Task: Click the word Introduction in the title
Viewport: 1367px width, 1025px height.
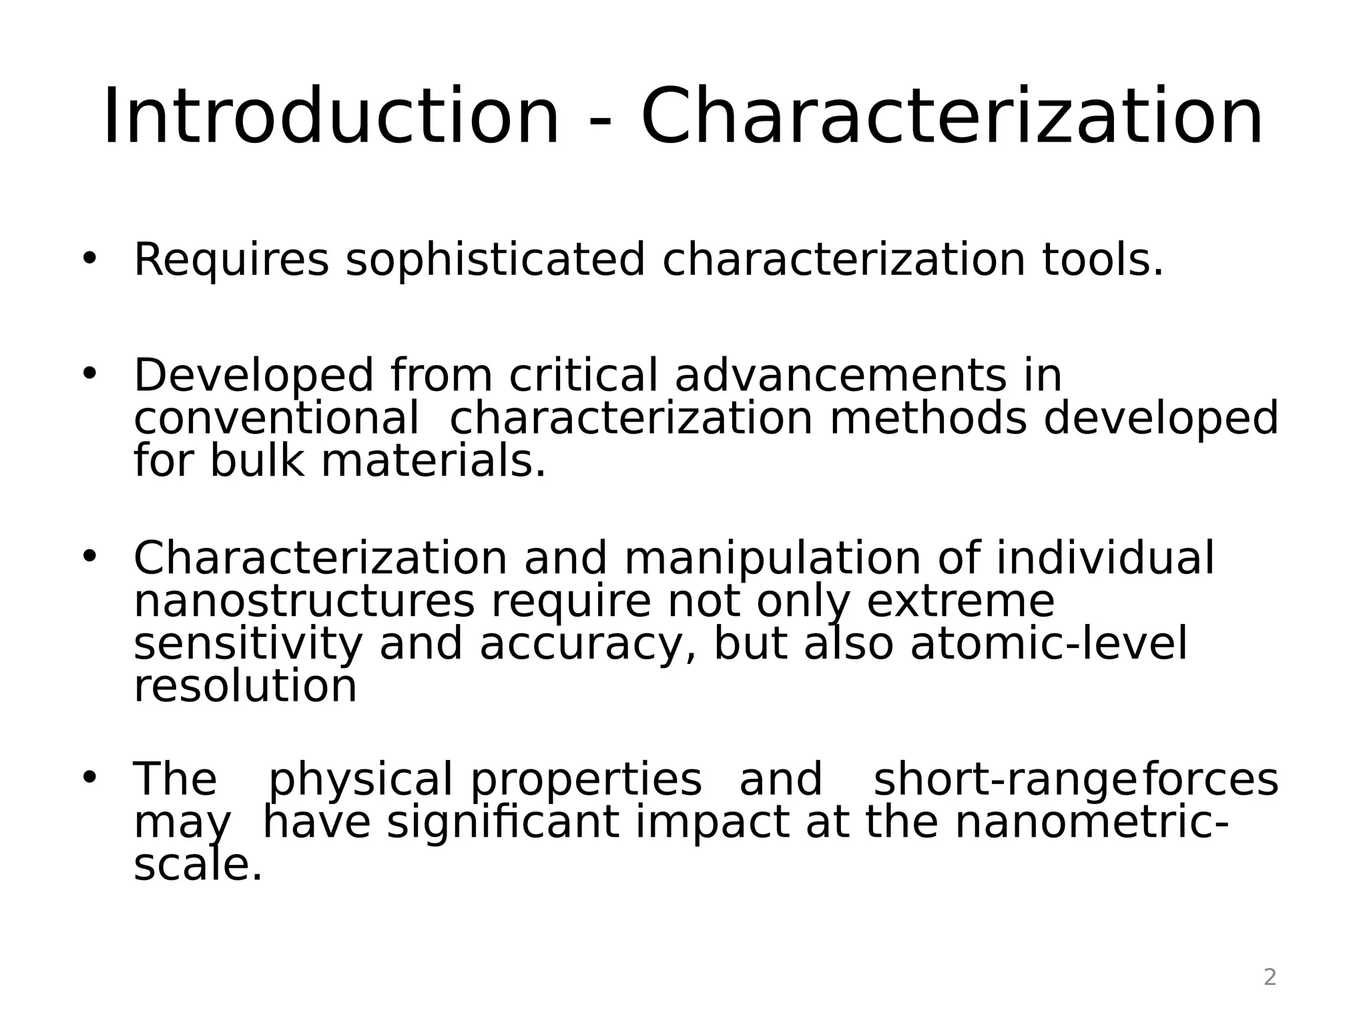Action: pos(331,117)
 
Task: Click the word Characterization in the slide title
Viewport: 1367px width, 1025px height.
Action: pos(952,117)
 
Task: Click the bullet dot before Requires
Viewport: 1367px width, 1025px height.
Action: pos(89,258)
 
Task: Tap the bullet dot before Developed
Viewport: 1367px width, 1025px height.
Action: pos(89,373)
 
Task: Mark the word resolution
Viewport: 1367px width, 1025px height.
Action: pos(245,687)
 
